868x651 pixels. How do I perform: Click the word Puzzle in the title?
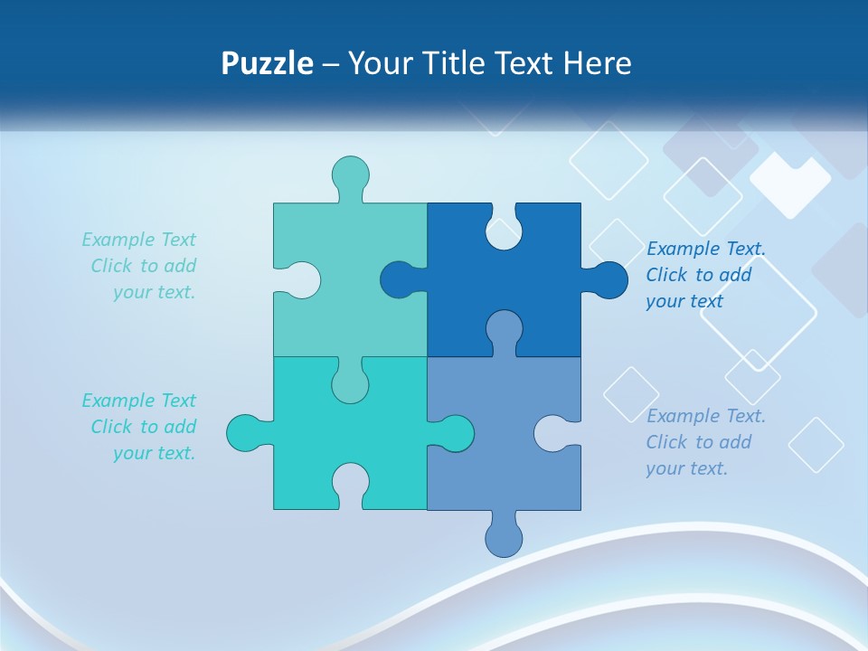268,63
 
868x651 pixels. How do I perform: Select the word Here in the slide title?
597,63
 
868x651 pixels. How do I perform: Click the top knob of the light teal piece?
350,174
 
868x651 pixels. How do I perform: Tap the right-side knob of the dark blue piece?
610,279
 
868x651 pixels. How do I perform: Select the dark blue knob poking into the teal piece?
398,279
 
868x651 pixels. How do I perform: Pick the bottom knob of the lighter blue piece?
504,539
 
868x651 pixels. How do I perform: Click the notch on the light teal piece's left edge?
302,279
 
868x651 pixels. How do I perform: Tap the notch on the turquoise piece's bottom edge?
350,483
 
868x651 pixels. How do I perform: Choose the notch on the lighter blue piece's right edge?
552,433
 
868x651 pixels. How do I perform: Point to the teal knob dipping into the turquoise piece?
350,383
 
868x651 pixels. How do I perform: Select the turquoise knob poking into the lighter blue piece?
456,433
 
